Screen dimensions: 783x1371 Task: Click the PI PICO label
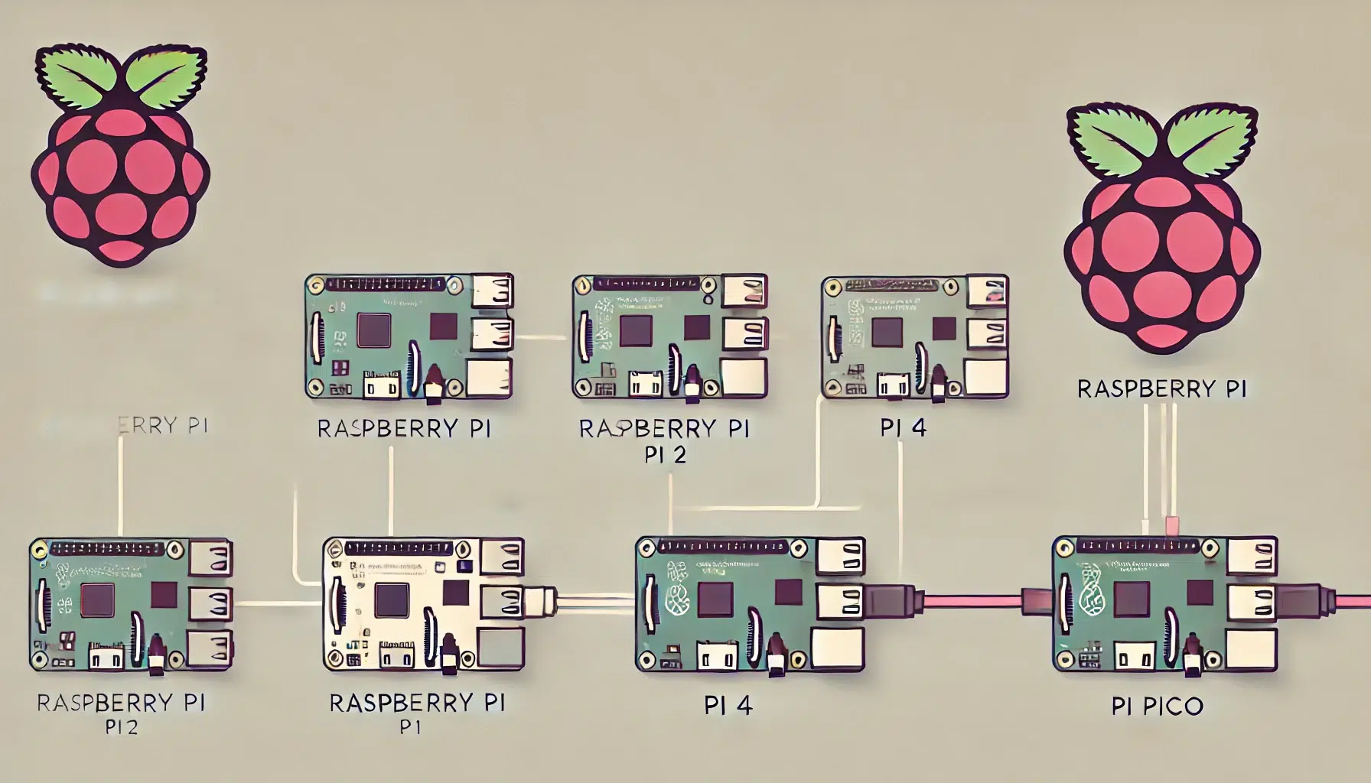click(1158, 706)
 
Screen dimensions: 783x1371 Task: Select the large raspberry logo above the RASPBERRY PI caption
click(1162, 229)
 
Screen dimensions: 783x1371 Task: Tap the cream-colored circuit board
click(423, 604)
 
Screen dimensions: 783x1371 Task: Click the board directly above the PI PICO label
click(1164, 604)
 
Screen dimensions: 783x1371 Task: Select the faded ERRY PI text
click(164, 425)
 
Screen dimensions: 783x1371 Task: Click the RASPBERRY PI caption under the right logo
click(1161, 389)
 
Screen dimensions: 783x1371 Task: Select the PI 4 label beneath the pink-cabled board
click(728, 705)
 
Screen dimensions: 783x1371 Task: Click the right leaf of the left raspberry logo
click(165, 76)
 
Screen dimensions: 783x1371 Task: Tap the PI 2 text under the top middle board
click(665, 455)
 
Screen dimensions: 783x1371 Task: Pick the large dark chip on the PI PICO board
click(1132, 599)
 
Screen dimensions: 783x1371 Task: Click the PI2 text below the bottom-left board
click(122, 728)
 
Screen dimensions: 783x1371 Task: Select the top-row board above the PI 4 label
click(914, 337)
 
